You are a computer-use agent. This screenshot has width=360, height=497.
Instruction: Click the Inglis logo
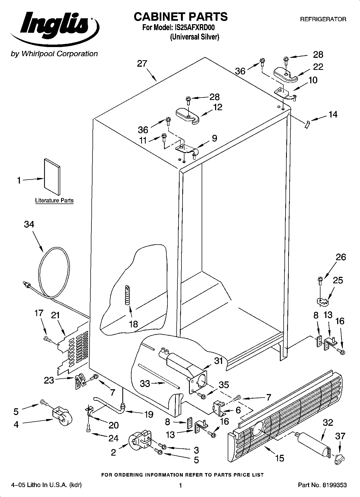(x=54, y=27)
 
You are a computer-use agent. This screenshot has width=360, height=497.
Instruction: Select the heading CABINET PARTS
(x=180, y=17)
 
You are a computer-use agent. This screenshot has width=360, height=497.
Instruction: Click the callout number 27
(x=142, y=64)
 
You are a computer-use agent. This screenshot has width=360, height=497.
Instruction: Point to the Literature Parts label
(x=54, y=201)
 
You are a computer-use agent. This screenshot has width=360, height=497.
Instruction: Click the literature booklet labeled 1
(x=52, y=176)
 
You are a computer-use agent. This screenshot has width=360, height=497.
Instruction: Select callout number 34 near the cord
(x=29, y=224)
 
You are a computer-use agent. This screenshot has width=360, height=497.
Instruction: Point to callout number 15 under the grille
(x=280, y=458)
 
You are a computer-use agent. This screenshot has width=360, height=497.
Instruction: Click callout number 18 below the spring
(x=133, y=324)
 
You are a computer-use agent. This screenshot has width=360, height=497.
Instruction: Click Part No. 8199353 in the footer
(x=322, y=485)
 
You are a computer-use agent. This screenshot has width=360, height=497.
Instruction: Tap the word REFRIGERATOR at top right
(x=323, y=19)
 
